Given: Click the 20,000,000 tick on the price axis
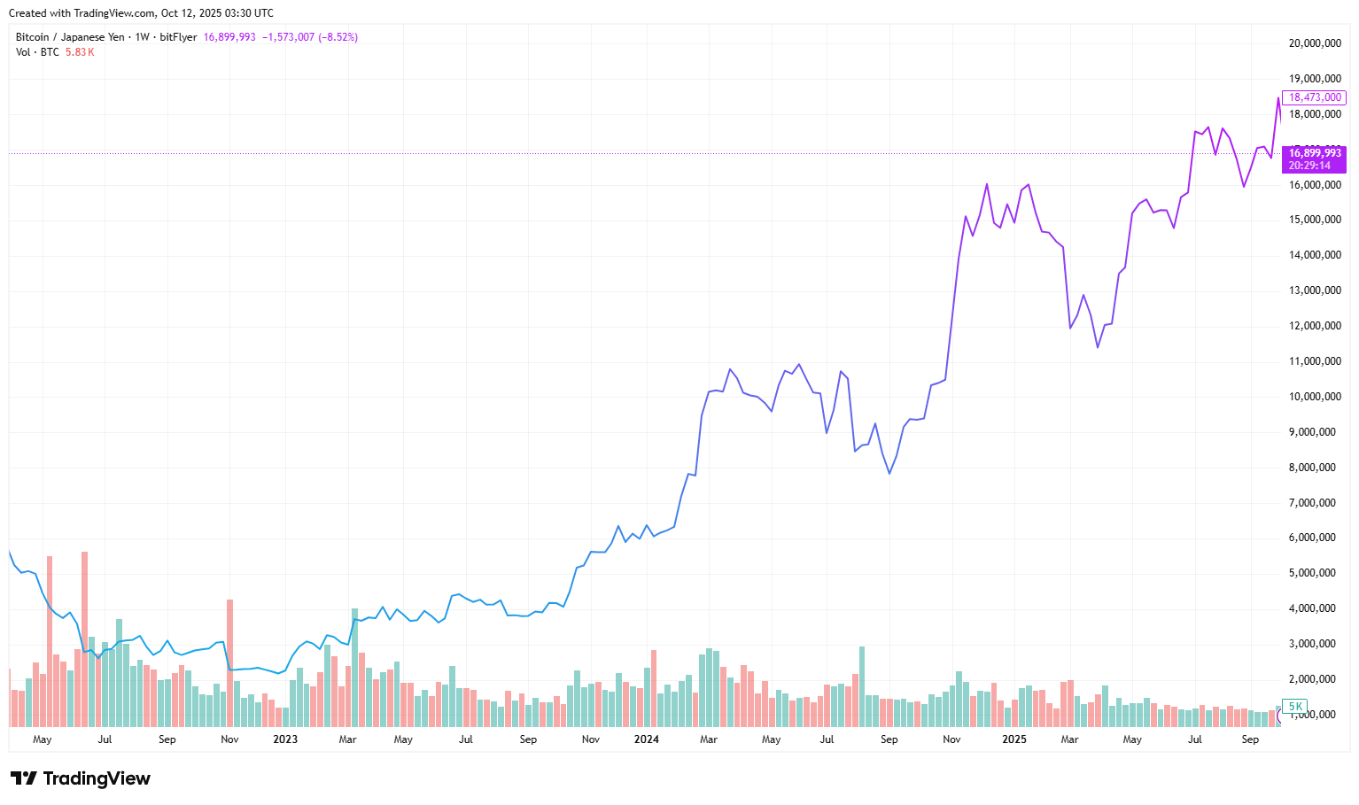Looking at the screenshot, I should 1314,43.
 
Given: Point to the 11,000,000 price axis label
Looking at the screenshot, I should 1314,361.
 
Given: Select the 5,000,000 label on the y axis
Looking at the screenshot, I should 1314,573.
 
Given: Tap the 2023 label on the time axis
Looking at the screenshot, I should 285,739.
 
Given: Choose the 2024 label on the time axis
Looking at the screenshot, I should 647,739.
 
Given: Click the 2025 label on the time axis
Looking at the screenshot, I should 1014,739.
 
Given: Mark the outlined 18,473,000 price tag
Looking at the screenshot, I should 1315,97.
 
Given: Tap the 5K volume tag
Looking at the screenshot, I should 1295,707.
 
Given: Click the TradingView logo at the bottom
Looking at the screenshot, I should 81,778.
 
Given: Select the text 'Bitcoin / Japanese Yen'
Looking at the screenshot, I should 70,37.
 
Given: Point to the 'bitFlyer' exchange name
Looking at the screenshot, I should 178,37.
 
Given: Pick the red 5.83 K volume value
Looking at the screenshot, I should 80,52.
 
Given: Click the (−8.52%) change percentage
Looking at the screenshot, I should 338,37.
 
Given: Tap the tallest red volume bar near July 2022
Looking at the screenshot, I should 84,638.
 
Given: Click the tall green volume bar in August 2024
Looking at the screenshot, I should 862,686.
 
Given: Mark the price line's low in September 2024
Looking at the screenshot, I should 889,473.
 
